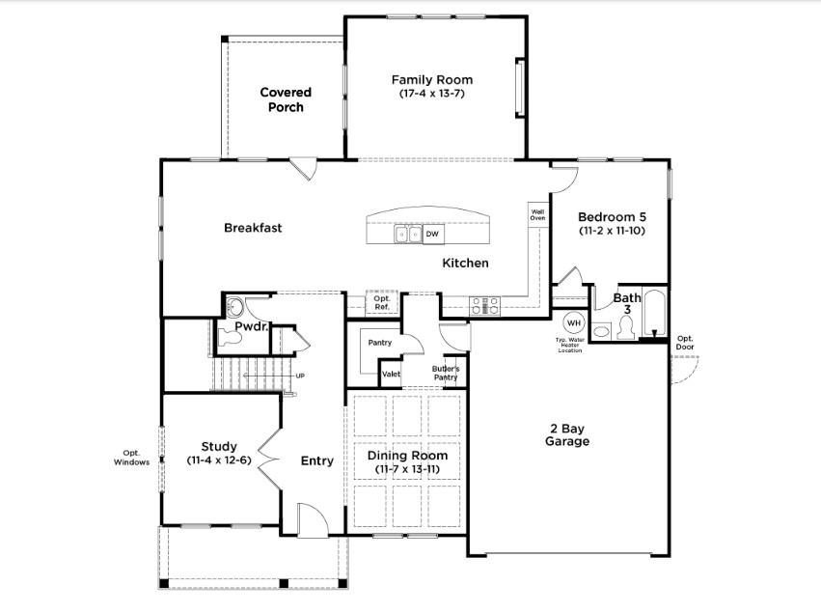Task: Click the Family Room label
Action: click(431, 79)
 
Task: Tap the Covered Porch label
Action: click(286, 99)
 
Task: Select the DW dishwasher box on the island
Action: click(433, 234)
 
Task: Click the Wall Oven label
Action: click(537, 213)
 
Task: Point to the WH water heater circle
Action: click(574, 322)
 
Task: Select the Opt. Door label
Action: click(685, 343)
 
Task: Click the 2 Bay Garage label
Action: click(569, 434)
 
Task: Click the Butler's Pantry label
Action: click(445, 373)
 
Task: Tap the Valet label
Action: click(391, 374)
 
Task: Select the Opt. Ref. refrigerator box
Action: click(381, 302)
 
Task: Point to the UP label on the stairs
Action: click(300, 376)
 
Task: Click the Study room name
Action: click(219, 446)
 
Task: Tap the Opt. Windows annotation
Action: click(131, 457)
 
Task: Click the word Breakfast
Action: click(253, 228)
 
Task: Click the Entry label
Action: click(316, 460)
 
